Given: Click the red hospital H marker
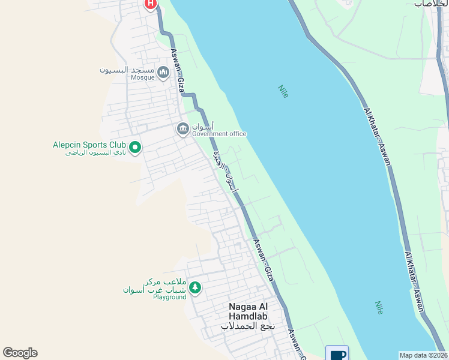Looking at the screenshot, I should click(x=151, y=4).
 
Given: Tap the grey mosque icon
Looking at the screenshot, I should click(x=163, y=73).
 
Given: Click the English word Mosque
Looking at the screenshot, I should click(x=143, y=78).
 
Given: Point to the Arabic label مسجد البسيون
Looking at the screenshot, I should click(x=127, y=70).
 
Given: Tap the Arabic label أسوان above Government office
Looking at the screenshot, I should click(x=199, y=127).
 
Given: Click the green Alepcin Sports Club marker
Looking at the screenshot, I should click(x=135, y=147).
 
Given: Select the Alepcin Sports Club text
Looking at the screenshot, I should click(x=89, y=145).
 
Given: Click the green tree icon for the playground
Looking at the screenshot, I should click(x=194, y=289).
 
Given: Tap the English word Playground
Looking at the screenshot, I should click(x=169, y=297).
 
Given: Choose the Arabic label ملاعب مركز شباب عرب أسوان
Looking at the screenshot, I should click(x=155, y=286).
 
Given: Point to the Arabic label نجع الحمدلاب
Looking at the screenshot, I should click(x=247, y=326).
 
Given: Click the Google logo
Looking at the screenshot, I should click(x=20, y=353).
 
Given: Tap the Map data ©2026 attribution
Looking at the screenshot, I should click(x=424, y=355).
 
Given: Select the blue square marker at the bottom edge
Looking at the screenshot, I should click(x=337, y=353).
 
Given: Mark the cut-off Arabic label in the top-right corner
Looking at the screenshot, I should click(x=430, y=4).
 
